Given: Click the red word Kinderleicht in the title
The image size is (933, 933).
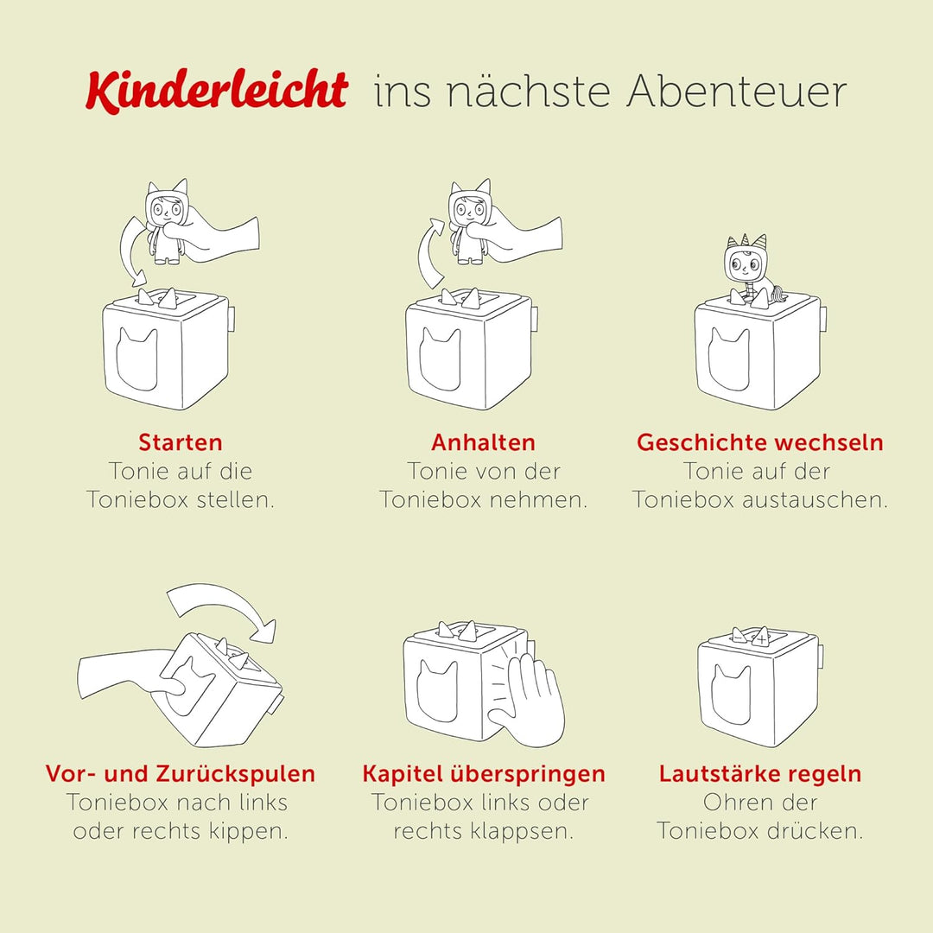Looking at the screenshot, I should [216, 91].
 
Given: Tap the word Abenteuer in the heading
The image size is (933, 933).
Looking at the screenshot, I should [737, 92].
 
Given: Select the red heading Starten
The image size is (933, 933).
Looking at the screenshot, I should [181, 442].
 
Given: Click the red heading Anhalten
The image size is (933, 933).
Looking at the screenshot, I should [484, 442].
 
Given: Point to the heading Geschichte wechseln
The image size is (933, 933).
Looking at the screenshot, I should [760, 442].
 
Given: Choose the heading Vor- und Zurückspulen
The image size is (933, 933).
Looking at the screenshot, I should [181, 773].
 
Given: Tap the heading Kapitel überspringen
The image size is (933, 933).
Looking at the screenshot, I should [484, 773].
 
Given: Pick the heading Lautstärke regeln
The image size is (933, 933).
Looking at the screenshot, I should [760, 773].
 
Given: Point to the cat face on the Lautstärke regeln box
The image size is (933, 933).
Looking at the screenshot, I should [731, 695].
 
